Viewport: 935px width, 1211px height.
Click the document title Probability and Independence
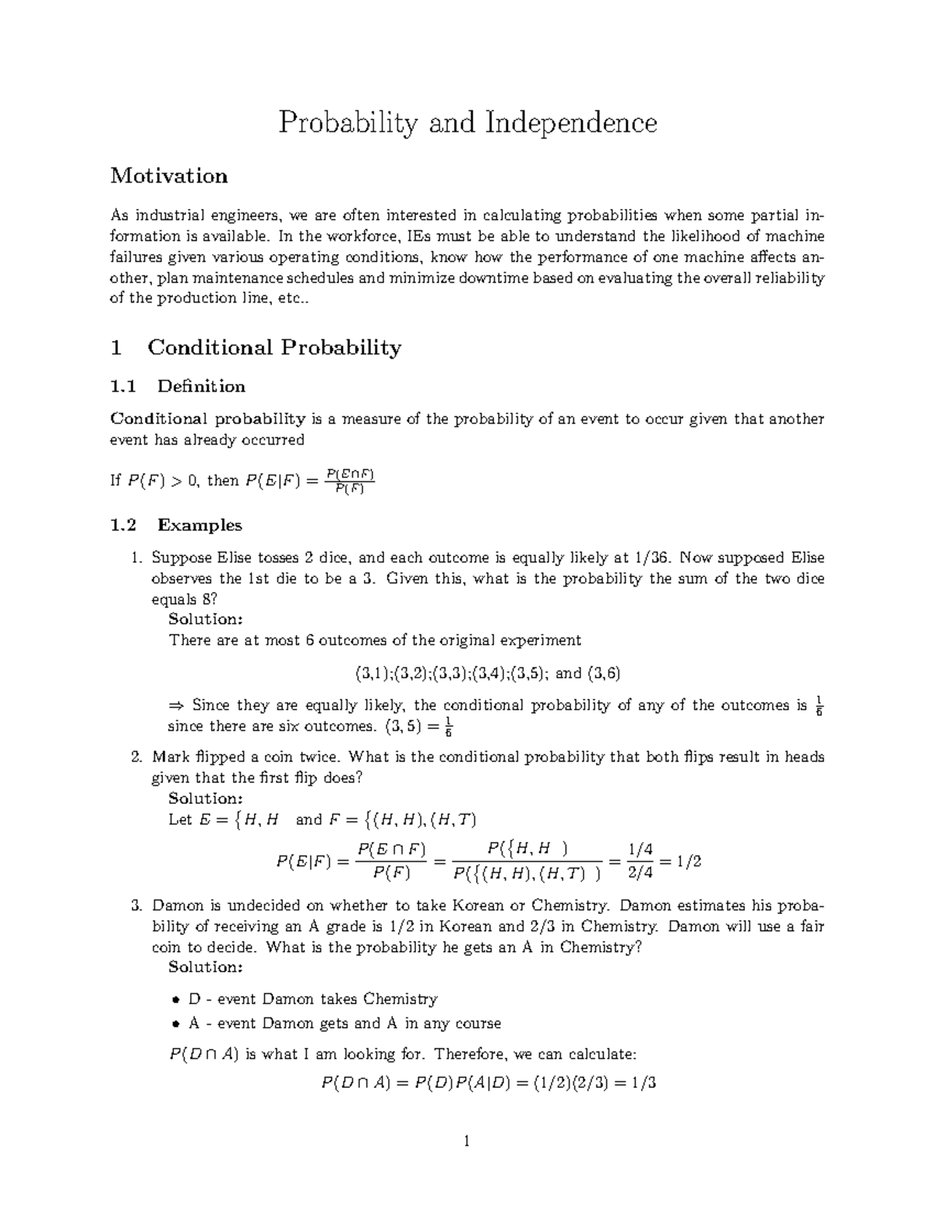click(x=467, y=122)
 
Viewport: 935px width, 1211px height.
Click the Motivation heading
click(x=169, y=176)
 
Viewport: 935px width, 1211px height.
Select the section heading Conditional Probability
click(x=273, y=347)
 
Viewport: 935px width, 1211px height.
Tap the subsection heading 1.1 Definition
click(x=178, y=386)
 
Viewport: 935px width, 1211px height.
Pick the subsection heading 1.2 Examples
click(x=176, y=525)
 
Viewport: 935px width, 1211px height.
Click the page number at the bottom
click(x=466, y=1143)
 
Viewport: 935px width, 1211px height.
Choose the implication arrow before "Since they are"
click(x=175, y=706)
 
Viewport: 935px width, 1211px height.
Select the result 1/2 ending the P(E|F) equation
click(x=689, y=862)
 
